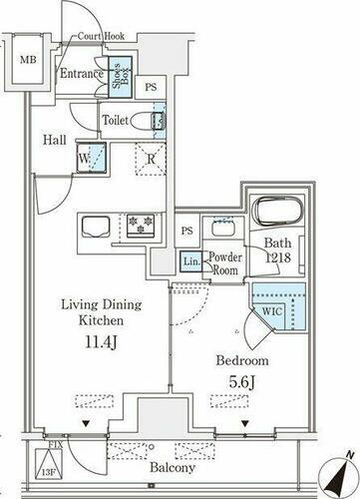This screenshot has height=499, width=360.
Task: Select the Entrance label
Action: [x=82, y=74]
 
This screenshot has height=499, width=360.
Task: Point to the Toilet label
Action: [x=115, y=121]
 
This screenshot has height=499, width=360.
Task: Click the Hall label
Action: [x=54, y=141]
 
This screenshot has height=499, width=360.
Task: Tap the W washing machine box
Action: [x=85, y=158]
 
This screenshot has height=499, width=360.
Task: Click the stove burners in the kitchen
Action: [x=137, y=220]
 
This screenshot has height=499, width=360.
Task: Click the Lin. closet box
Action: [x=190, y=261]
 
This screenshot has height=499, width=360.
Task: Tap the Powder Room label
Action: [x=225, y=261]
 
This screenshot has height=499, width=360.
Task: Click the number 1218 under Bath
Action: [x=278, y=257]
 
